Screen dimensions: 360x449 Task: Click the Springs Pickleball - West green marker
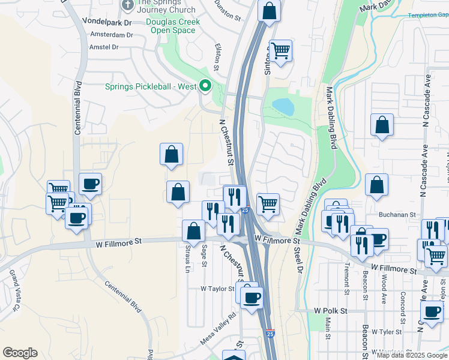pos(205,86)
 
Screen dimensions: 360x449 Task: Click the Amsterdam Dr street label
pos(111,35)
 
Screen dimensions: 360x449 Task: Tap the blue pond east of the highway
pos(283,107)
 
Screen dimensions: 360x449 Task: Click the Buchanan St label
pos(397,214)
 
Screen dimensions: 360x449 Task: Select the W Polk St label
pos(330,311)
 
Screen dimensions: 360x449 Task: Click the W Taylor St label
pos(217,289)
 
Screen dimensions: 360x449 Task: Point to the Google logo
pos(20,353)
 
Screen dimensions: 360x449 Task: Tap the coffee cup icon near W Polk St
pos(431,311)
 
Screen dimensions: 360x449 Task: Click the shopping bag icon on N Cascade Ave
pos(382,125)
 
